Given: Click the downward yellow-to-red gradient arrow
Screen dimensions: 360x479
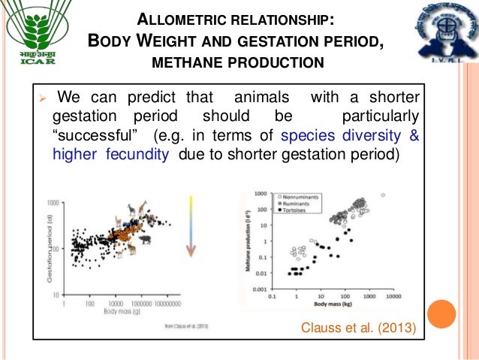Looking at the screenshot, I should [x=191, y=225].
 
